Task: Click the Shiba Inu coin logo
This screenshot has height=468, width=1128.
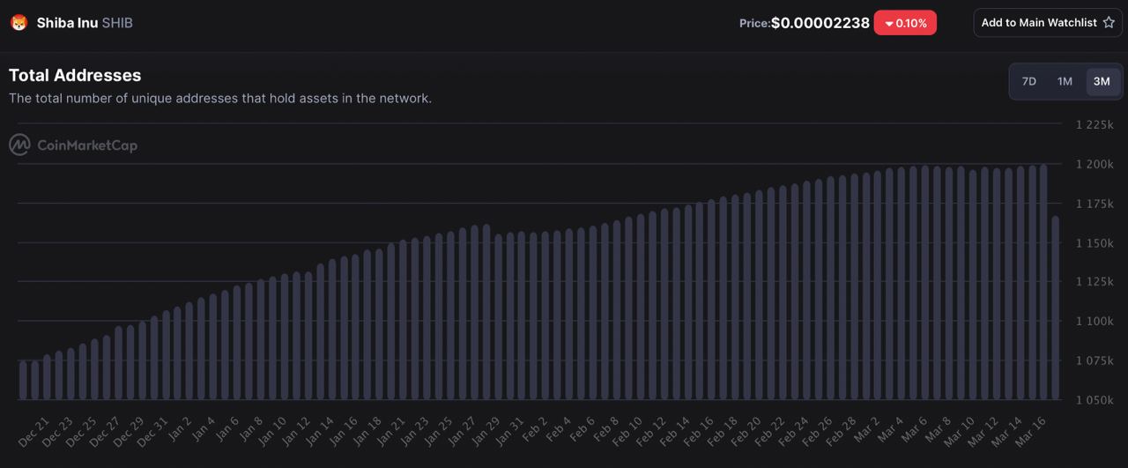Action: coord(19,23)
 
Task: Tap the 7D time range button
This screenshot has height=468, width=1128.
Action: coord(1028,82)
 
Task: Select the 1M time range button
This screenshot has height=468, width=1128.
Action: coord(1065,82)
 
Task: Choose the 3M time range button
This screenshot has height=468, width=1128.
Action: coord(1102,82)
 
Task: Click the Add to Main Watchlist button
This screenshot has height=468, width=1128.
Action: coord(1047,23)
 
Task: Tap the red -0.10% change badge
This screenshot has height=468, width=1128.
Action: coord(905,23)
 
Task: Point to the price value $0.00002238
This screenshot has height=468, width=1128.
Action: coord(820,23)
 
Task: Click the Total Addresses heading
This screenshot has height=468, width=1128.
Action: coord(75,76)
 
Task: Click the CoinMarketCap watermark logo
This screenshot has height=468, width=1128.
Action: coord(73,145)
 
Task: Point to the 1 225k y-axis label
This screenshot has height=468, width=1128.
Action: coord(1095,125)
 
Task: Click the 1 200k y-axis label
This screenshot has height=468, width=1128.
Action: coord(1095,165)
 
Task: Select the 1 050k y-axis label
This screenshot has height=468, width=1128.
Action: coord(1095,400)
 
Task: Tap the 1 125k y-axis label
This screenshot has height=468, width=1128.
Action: coord(1095,282)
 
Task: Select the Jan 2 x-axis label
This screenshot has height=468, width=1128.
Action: coord(179,428)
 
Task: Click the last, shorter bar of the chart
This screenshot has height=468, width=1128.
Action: coord(1055,308)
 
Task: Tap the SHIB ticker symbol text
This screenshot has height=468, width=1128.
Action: coord(117,23)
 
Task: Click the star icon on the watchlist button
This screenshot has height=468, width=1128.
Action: coord(1109,23)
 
